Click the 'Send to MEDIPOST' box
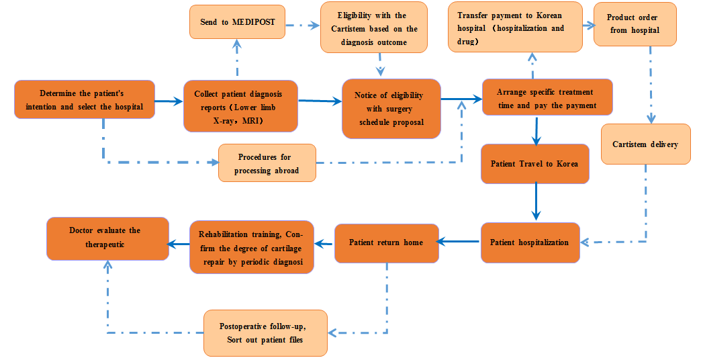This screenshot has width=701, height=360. pos(237,22)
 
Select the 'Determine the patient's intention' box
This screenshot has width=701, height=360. pos(85,99)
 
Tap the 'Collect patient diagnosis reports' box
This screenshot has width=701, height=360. pos(240,106)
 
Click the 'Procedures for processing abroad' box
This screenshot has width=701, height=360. pos(267,163)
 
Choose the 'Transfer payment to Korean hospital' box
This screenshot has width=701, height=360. pos(514,28)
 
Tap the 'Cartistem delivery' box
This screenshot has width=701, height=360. pos(645,144)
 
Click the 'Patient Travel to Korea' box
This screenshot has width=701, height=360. pos(534,164)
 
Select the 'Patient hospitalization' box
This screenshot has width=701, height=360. pos(529,242)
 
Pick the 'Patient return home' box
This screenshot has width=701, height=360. pos(386,242)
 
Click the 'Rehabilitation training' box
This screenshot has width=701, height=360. pos(251,248)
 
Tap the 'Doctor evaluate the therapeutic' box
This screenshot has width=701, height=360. pos(106,238)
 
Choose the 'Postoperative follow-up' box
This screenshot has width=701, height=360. pos(265,332)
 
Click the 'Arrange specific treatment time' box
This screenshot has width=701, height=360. pos(547,98)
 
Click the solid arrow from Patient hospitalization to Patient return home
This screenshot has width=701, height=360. pos(460,242)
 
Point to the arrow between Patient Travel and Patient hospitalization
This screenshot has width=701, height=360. pos(535,202)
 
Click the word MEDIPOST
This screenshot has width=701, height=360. pos(254,22)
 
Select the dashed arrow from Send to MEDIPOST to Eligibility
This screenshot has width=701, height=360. pos(302,26)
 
